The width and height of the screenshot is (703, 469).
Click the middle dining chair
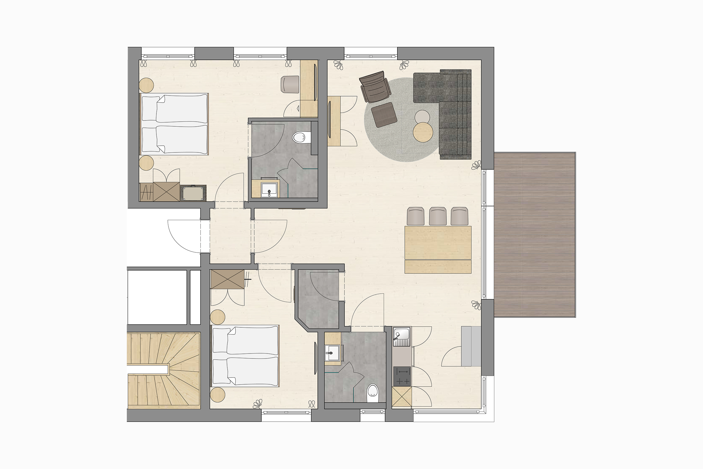tap(438, 216)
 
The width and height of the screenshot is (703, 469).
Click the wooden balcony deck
tap(534, 235)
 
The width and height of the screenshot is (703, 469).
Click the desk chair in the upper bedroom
tap(290, 84)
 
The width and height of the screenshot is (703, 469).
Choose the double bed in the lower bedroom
tap(245, 356)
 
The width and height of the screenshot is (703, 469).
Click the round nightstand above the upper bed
tap(146, 85)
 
